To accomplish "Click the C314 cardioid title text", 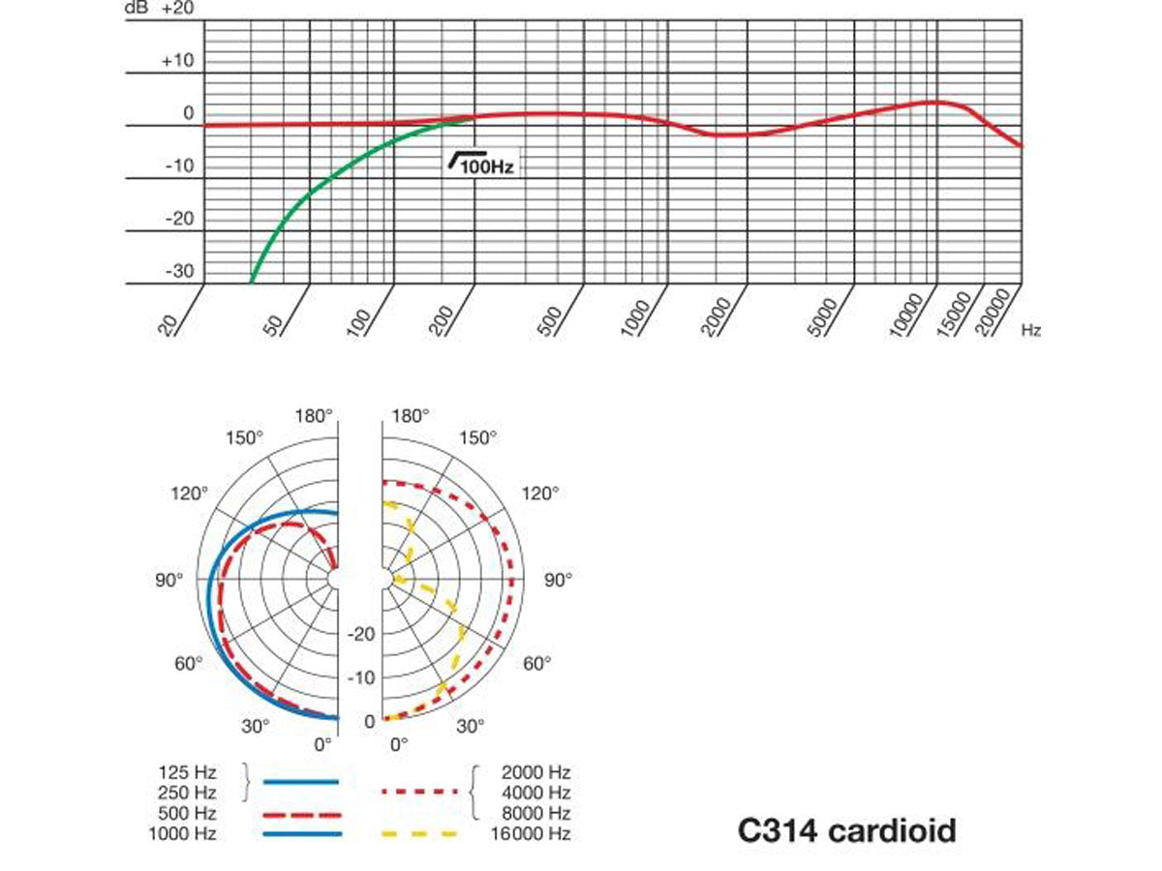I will click(x=846, y=830).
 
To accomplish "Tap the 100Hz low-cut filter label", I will click(x=481, y=165).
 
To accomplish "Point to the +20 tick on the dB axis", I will click(x=177, y=9).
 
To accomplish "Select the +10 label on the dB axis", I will click(x=177, y=62).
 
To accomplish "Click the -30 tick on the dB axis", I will click(x=179, y=271).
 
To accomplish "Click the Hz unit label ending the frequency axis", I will click(x=1030, y=331).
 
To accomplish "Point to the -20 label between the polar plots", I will click(x=361, y=634).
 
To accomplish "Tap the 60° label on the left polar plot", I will click(x=187, y=663).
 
